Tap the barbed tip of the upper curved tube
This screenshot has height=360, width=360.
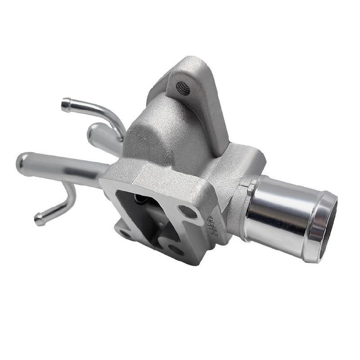click(x=66, y=105)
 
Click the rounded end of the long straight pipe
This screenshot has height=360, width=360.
click(x=22, y=163)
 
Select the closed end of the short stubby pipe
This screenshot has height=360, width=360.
click(x=93, y=131)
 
